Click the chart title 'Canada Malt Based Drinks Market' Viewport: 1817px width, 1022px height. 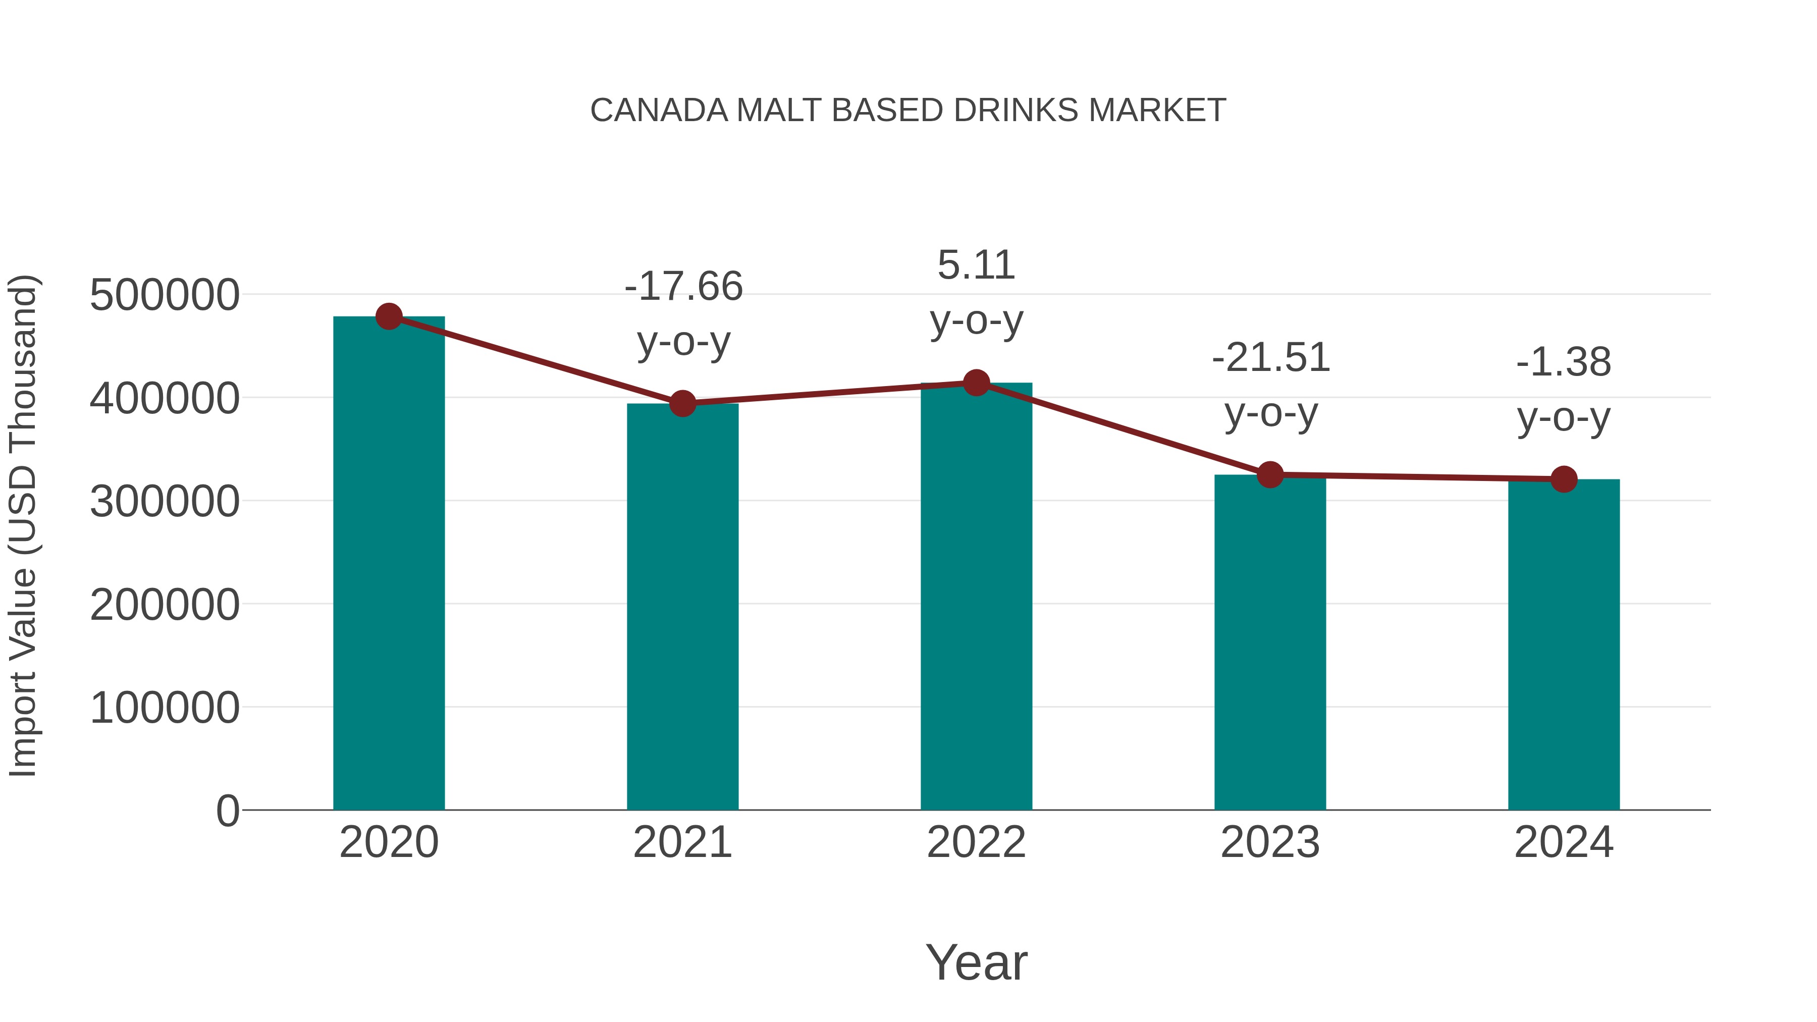pyautogui.click(x=908, y=111)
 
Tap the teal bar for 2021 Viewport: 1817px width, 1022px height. pyautogui.click(x=682, y=607)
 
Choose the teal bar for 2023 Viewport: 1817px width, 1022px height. pyautogui.click(x=1270, y=642)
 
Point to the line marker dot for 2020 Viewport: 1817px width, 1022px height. pyautogui.click(x=389, y=316)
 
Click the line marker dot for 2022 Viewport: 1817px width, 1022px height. pyautogui.click(x=976, y=383)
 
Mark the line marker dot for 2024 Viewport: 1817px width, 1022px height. pyautogui.click(x=1564, y=479)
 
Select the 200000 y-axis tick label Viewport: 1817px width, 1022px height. pyautogui.click(x=165, y=605)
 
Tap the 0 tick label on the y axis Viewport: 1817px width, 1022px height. pyautogui.click(x=228, y=811)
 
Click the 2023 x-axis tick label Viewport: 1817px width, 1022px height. pyautogui.click(x=1270, y=842)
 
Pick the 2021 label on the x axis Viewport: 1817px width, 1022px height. pyautogui.click(x=682, y=842)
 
